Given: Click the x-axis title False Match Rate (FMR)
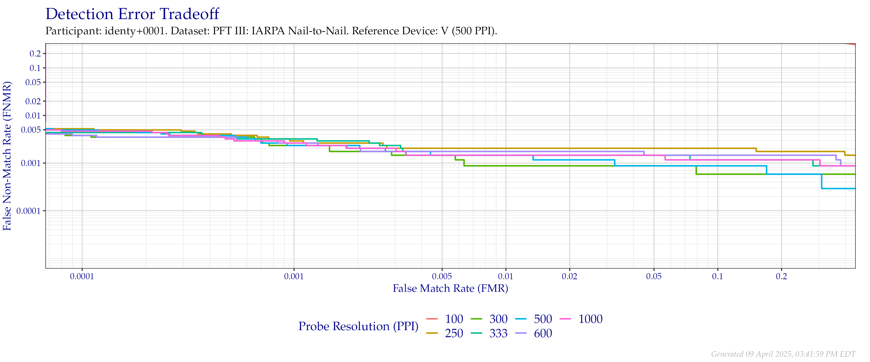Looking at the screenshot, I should click(450, 288).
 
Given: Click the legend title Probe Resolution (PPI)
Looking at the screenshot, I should click(358, 326).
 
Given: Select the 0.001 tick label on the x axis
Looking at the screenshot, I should click(294, 277).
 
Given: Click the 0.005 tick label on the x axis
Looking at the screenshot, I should click(442, 277).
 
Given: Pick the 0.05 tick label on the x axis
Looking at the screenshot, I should click(654, 277).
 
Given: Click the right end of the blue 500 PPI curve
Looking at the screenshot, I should click(855, 188).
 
